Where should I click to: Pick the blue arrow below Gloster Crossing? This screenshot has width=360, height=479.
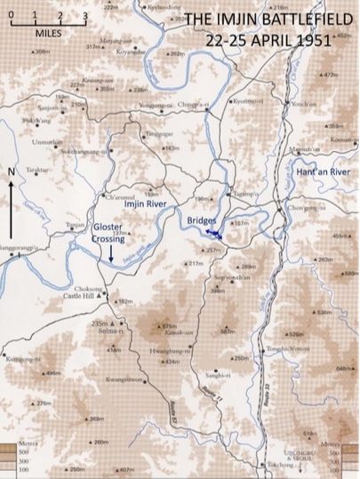111,253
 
